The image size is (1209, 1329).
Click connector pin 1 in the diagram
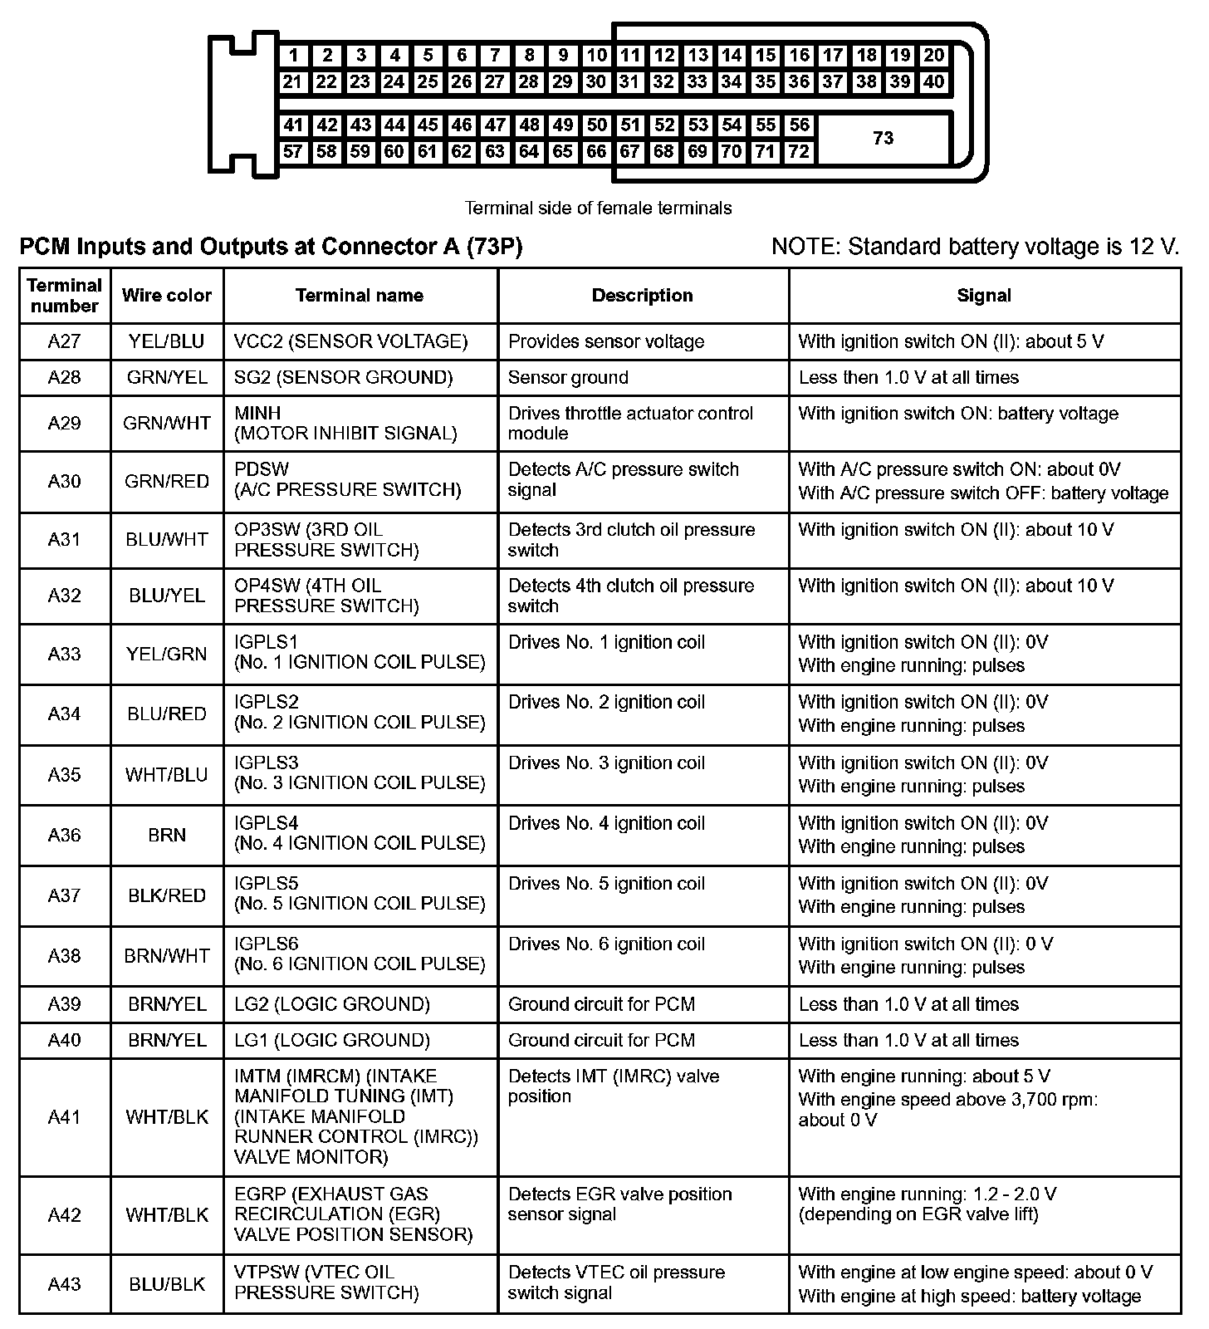click(294, 56)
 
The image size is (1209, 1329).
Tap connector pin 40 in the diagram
click(934, 81)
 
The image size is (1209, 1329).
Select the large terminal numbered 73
click(883, 138)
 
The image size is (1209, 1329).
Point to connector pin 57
click(292, 151)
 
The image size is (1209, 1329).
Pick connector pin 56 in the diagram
click(799, 125)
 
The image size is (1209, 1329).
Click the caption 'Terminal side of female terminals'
click(598, 208)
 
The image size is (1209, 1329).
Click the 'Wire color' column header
click(167, 295)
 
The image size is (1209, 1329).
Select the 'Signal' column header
click(984, 295)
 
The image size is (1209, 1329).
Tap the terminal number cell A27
click(65, 341)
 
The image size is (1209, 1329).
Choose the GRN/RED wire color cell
click(167, 481)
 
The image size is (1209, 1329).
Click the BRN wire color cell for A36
click(167, 835)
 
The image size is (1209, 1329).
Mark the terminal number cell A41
click(65, 1116)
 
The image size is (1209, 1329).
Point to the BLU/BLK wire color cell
click(167, 1283)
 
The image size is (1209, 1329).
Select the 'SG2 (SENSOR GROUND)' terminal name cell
click(344, 377)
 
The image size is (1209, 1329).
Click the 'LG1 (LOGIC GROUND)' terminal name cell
click(332, 1040)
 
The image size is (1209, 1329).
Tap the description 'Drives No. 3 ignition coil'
click(606, 763)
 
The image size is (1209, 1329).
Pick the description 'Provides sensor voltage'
click(606, 341)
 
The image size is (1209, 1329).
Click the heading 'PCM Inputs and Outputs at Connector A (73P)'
click(271, 247)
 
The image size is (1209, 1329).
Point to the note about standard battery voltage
click(976, 247)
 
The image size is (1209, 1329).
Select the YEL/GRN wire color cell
click(167, 654)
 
